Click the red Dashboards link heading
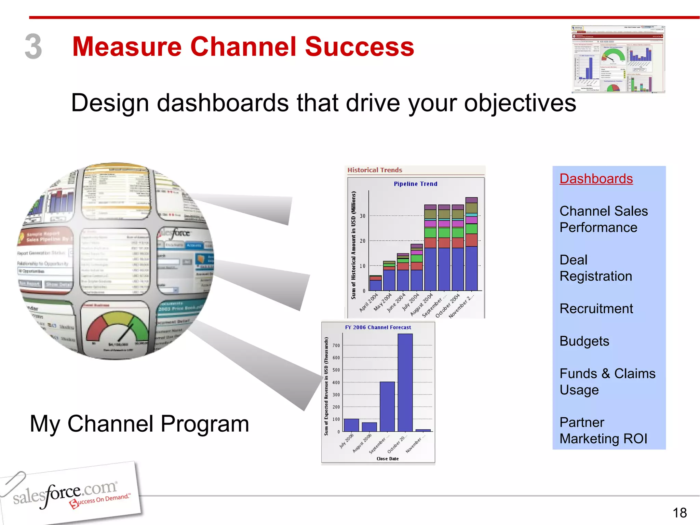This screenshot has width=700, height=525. (596, 179)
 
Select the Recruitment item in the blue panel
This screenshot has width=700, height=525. (596, 309)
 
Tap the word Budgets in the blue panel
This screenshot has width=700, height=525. (584, 341)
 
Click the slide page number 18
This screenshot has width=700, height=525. (679, 513)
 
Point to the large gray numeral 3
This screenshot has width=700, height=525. (33, 47)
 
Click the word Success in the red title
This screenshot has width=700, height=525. (359, 47)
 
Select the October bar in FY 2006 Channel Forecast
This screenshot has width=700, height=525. (405, 383)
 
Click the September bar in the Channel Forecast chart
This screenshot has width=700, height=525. (387, 407)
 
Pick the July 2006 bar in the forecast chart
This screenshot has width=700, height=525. (351, 425)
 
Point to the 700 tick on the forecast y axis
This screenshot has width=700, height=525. (336, 346)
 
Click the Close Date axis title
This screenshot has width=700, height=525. (387, 459)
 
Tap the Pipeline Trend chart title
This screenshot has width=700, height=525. (415, 184)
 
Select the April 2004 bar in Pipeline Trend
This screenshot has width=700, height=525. (375, 283)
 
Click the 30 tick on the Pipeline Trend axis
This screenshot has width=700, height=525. (362, 216)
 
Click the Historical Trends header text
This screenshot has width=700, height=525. (375, 170)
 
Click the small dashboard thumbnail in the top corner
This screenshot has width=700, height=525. (618, 59)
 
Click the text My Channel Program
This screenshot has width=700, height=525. (139, 424)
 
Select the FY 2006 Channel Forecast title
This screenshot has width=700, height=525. (378, 327)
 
